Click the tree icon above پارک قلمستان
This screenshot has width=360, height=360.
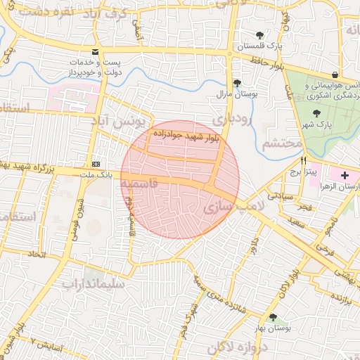[260, 35]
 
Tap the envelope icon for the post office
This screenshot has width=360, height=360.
[96, 51]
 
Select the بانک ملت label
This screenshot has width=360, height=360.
[98, 174]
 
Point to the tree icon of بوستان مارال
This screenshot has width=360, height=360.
[236, 82]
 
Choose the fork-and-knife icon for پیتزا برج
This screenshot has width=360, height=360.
[304, 160]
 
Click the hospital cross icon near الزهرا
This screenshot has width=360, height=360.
[345, 174]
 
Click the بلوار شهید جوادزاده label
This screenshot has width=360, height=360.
[177, 134]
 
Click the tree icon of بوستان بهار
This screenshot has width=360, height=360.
[273, 317]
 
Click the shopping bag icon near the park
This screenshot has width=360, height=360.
[335, 74]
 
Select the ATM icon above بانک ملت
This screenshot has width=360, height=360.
[96, 163]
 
